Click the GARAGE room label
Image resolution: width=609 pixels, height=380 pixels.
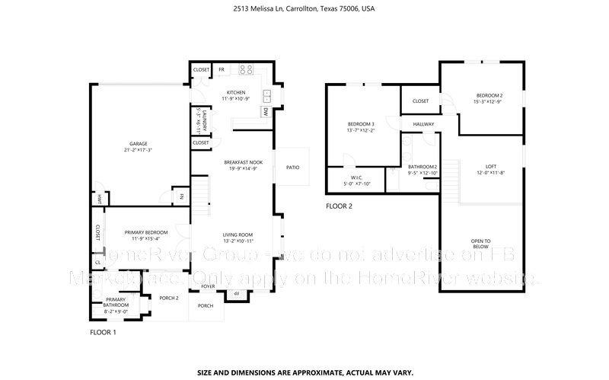click(138, 143)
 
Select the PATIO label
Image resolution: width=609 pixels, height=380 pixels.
click(292, 167)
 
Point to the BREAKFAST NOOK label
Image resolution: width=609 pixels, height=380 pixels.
click(244, 162)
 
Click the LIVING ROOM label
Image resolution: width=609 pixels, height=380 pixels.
click(237, 235)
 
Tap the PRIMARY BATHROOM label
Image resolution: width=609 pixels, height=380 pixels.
click(116, 302)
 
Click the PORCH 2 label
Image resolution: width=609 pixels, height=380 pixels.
click(168, 298)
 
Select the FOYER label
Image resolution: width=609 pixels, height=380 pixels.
click(208, 288)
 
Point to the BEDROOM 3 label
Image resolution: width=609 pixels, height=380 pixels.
click(361, 124)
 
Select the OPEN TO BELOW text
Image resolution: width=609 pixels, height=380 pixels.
click(481, 244)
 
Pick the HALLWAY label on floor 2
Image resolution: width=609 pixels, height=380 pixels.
click(423, 123)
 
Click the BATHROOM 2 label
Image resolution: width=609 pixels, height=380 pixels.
click(422, 166)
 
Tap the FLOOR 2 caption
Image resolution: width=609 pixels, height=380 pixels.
click(339, 206)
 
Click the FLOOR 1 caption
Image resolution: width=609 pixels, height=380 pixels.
click(103, 333)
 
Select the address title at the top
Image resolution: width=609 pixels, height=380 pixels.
click(304, 9)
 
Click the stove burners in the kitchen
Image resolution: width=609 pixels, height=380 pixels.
click(246, 69)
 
